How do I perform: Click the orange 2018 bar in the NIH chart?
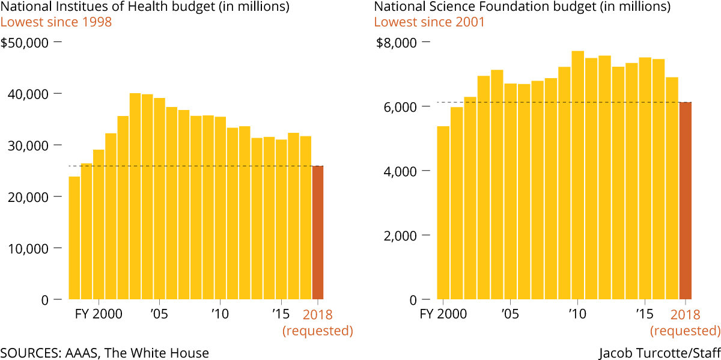(x=317, y=233)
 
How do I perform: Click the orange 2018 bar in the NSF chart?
(x=686, y=201)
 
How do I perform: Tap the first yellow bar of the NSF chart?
(x=443, y=213)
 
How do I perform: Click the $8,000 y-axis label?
(x=396, y=43)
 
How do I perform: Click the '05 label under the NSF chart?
(x=510, y=314)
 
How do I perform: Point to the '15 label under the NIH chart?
(x=280, y=314)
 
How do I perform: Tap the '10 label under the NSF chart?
(x=577, y=314)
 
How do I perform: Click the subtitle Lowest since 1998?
(x=56, y=22)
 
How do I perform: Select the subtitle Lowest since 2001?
(x=429, y=22)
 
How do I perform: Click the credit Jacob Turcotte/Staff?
(x=660, y=353)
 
